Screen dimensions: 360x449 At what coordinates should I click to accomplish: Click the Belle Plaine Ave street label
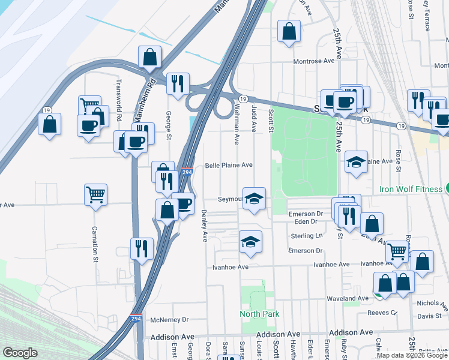coord(229,166)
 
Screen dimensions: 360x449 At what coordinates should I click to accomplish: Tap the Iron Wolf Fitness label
coord(410,189)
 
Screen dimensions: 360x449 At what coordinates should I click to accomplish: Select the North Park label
coord(259,314)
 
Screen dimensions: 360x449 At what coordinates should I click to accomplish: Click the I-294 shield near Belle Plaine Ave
coord(187,172)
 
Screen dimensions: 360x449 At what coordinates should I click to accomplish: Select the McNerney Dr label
coord(170,320)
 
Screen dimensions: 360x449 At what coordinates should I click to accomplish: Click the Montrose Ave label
coord(313,61)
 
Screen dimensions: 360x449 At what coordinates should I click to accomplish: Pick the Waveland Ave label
coord(347,298)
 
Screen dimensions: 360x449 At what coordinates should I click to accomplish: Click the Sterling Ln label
coord(307,236)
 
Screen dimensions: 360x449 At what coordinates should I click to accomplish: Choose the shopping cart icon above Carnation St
coord(96,194)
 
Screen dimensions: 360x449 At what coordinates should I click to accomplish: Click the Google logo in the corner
coord(20,353)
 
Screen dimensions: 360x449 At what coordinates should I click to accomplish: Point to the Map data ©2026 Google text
coord(412,355)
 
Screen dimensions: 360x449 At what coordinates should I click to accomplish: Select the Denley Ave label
coord(204,225)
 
